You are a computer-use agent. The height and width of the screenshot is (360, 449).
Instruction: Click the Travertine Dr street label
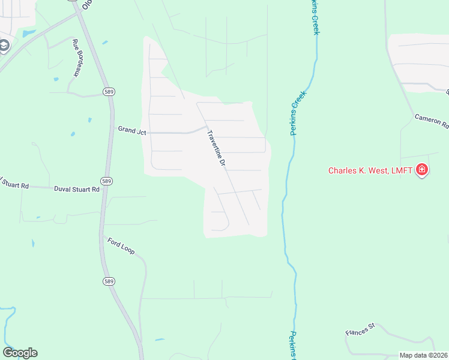216,148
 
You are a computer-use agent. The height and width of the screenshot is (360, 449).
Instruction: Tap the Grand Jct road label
132,130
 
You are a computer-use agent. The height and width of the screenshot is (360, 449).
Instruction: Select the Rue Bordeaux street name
76,58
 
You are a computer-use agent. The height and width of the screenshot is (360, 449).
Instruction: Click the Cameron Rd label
432,122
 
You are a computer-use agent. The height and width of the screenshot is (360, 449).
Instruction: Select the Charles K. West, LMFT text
370,170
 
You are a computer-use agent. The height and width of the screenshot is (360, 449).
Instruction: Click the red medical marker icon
422,170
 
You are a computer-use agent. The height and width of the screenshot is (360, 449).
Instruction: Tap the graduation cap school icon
4,46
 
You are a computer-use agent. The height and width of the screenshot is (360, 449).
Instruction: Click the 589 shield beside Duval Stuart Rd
106,181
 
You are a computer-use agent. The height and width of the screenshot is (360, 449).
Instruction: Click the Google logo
20,353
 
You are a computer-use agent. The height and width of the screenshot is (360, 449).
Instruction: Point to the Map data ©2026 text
424,355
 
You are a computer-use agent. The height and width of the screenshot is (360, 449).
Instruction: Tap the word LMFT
402,170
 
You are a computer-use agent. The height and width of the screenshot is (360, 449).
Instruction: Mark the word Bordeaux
77,62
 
